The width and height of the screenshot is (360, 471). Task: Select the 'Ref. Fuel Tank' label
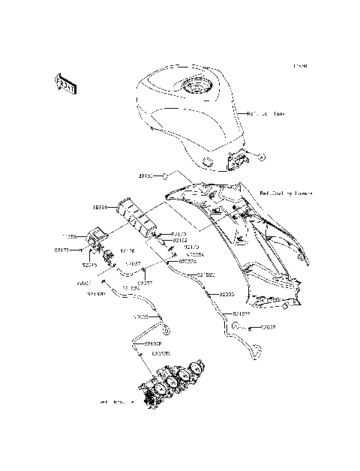point(266,115)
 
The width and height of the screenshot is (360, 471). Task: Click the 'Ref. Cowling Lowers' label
point(286,192)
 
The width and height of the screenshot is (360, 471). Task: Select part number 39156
point(145,176)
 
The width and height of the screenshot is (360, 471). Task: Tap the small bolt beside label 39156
point(161,176)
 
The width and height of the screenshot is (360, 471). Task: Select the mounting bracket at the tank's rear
point(239,160)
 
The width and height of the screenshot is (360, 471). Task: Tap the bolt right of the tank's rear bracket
point(259,157)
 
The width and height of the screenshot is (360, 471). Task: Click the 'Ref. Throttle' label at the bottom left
point(114,403)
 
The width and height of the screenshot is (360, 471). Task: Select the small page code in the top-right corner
point(300,67)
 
